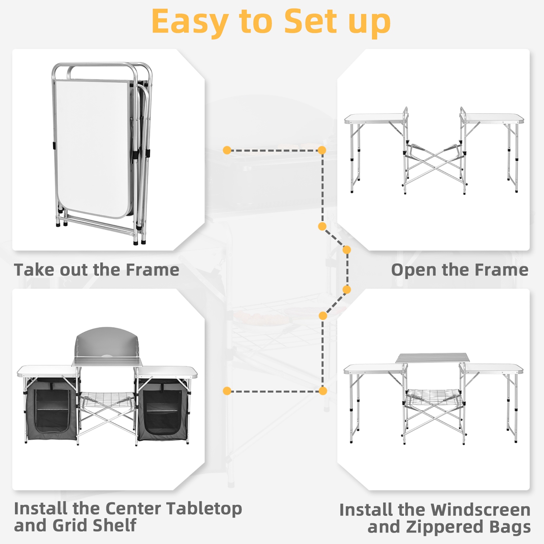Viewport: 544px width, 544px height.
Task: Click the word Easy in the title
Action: (x=189, y=22)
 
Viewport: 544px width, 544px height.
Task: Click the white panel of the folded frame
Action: (x=92, y=147)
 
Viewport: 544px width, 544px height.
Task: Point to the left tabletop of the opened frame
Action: (x=374, y=118)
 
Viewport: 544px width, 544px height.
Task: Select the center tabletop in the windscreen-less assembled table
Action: (x=432, y=358)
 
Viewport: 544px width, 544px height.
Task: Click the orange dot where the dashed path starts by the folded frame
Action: (x=227, y=150)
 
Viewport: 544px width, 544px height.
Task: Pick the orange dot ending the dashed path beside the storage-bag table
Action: (x=227, y=391)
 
